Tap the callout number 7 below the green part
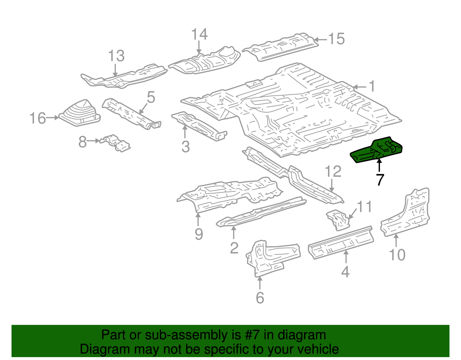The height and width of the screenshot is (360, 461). pyautogui.click(x=380, y=180)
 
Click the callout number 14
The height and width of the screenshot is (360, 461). pyautogui.click(x=199, y=34)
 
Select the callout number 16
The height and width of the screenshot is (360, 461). pyautogui.click(x=38, y=118)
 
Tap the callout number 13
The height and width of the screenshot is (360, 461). pyautogui.click(x=116, y=56)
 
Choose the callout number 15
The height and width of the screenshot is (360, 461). pyautogui.click(x=337, y=39)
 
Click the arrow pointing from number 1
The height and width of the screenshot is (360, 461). pyautogui.click(x=360, y=87)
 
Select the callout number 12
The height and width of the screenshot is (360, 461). pyautogui.click(x=333, y=172)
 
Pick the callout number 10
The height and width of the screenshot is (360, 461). pyautogui.click(x=397, y=255)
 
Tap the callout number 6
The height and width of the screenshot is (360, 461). pyautogui.click(x=260, y=297)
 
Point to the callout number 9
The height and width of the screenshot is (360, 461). pyautogui.click(x=199, y=234)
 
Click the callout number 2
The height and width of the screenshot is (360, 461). pyautogui.click(x=234, y=248)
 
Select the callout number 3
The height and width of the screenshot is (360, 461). pyautogui.click(x=186, y=146)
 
